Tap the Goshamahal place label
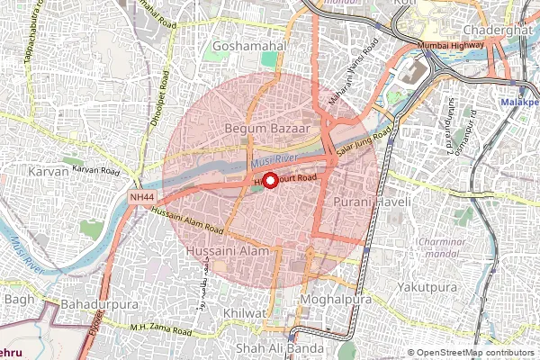[248, 45]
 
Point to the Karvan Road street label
[96, 169]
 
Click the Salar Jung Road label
[364, 145]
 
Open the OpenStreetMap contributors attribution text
[473, 353]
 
